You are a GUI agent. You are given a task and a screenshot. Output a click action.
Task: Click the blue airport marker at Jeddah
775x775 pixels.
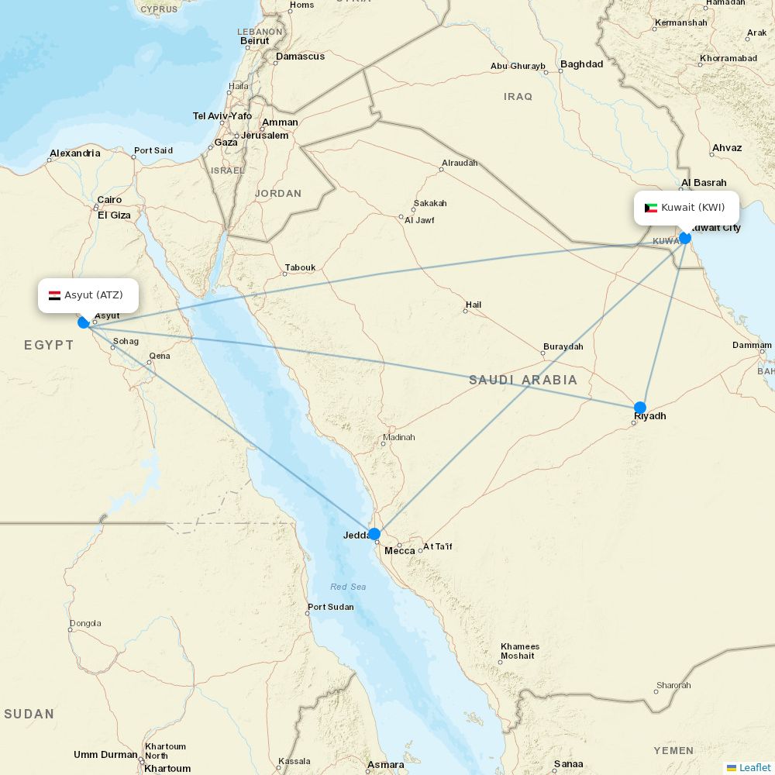pyautogui.click(x=374, y=534)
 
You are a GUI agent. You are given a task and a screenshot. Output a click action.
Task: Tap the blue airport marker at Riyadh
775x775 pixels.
pyautogui.click(x=639, y=408)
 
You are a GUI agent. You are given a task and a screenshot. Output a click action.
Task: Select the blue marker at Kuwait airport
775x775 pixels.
pyautogui.click(x=685, y=238)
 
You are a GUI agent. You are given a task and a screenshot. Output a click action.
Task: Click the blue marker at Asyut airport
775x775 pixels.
pyautogui.click(x=84, y=322)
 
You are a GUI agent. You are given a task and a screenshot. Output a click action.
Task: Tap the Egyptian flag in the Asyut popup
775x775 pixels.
pyautogui.click(x=55, y=295)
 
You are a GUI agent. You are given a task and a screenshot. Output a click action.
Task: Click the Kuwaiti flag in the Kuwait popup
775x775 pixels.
pyautogui.click(x=651, y=208)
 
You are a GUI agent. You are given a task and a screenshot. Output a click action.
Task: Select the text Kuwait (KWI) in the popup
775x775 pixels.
pyautogui.click(x=693, y=208)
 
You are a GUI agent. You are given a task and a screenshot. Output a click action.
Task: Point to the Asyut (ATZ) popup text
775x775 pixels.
pyautogui.click(x=94, y=295)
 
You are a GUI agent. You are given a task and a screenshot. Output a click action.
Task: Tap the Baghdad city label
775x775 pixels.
pyautogui.click(x=581, y=64)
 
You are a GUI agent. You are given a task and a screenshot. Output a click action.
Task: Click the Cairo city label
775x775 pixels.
pyautogui.click(x=109, y=200)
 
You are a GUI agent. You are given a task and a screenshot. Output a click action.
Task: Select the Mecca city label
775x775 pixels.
pyautogui.click(x=400, y=551)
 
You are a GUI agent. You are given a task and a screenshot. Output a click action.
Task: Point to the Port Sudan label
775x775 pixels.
pyautogui.click(x=331, y=607)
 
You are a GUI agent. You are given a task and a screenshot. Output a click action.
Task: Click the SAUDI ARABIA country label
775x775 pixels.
pyautogui.click(x=523, y=380)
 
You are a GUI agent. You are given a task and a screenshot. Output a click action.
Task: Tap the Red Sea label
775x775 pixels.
pyautogui.click(x=348, y=587)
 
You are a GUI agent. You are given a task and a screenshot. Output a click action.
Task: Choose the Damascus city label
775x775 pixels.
pyautogui.click(x=301, y=57)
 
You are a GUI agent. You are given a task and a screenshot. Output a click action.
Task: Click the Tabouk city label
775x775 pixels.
pyautogui.click(x=301, y=268)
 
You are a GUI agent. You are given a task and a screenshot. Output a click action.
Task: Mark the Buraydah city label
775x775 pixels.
pyautogui.click(x=563, y=346)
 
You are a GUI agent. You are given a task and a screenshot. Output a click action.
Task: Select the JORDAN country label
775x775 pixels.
pyautogui.click(x=278, y=194)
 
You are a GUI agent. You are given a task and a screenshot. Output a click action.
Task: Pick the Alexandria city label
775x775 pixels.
pyautogui.click(x=75, y=153)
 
